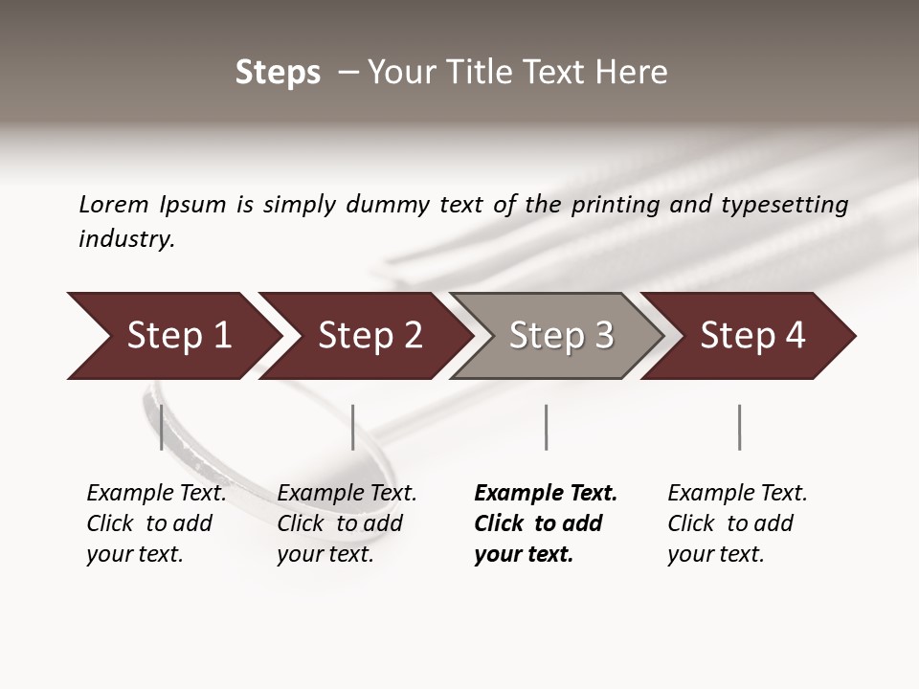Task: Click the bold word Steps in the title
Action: point(278,73)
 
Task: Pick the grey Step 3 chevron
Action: point(561,336)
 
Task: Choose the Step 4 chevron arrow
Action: point(752,336)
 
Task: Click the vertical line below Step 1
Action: point(161,427)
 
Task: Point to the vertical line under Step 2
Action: point(353,427)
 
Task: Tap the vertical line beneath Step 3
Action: point(546,427)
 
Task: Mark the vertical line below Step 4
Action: point(739,427)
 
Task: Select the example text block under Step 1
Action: point(156,522)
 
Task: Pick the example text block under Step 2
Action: point(347,522)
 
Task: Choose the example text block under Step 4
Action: point(737,522)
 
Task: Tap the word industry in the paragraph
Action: point(126,239)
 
